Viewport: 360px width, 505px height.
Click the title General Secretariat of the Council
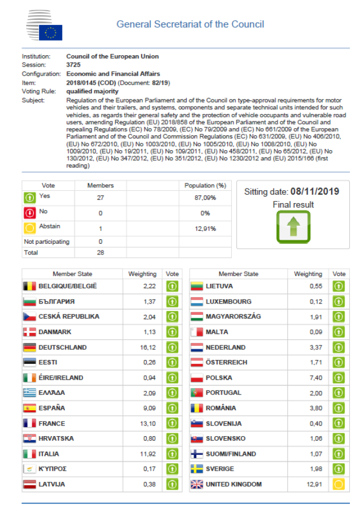190,24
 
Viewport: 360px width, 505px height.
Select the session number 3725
74,65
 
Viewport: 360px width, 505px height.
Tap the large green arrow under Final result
293,227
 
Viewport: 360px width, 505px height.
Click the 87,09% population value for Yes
205,198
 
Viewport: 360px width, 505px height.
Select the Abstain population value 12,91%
205,228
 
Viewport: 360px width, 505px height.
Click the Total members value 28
100,252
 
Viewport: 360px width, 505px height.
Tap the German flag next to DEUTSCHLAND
29,348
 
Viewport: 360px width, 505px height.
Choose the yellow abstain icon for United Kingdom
339,484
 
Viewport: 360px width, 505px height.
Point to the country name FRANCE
51,423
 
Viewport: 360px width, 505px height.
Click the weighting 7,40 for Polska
316,377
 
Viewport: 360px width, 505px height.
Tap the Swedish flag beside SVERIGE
196,469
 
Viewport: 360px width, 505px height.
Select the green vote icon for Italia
172,454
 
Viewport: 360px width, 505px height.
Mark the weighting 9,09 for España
148,408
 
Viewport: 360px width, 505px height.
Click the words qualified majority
92,91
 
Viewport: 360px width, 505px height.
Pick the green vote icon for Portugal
339,393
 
